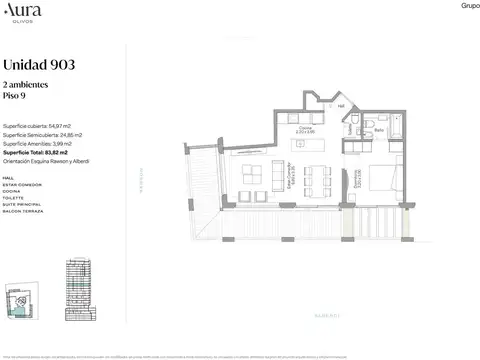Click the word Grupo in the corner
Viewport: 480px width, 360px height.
click(467, 6)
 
